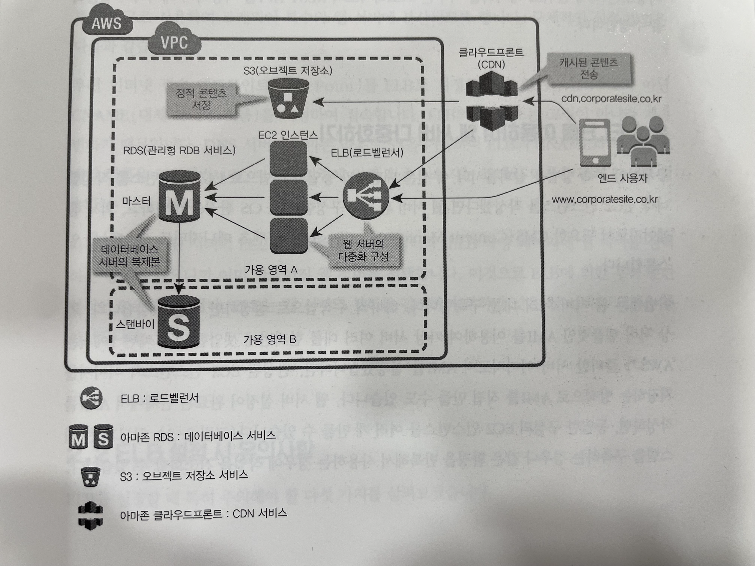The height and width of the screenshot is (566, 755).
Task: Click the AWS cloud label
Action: coord(106,23)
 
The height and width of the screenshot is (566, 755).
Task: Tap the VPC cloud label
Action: coord(174,43)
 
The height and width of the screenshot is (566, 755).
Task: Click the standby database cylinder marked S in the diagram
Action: coord(178,322)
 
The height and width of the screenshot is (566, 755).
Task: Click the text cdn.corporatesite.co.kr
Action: coord(611,99)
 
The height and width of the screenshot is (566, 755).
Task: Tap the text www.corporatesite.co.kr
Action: coord(605,199)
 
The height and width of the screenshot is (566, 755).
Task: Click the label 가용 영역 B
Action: coord(269,339)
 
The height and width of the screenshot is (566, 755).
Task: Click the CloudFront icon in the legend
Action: coord(90,515)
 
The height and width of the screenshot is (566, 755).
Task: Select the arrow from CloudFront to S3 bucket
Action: coord(386,101)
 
